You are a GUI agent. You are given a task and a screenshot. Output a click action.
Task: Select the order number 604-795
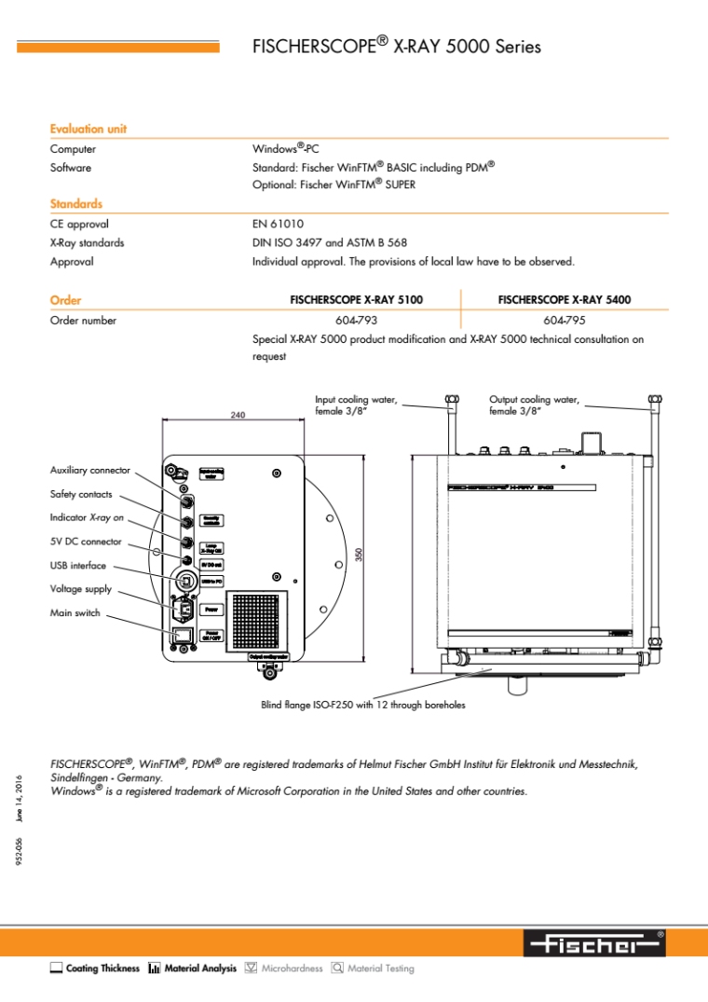coord(564,321)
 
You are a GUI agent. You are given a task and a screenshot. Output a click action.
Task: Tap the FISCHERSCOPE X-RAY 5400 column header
coord(564,300)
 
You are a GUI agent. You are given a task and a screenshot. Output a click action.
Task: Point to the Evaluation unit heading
coord(88,130)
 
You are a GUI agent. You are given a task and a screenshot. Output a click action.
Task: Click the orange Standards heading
coord(76,204)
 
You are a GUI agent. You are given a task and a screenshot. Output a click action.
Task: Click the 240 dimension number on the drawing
coord(238,415)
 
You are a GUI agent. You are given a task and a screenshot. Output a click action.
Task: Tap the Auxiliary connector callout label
coord(90,471)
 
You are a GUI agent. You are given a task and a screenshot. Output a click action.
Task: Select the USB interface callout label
coord(78,566)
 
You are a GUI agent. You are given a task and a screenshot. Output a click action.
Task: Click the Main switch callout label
coord(75,613)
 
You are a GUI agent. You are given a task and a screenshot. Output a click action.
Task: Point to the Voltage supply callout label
coord(81,589)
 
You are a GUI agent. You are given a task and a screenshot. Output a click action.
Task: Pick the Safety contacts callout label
coord(81,494)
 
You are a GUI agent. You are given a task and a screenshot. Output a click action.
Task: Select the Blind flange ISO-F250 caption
coord(363,705)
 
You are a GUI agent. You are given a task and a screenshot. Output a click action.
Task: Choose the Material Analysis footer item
coord(192,969)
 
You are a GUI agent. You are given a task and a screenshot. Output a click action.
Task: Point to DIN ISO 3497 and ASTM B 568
coord(330,243)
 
